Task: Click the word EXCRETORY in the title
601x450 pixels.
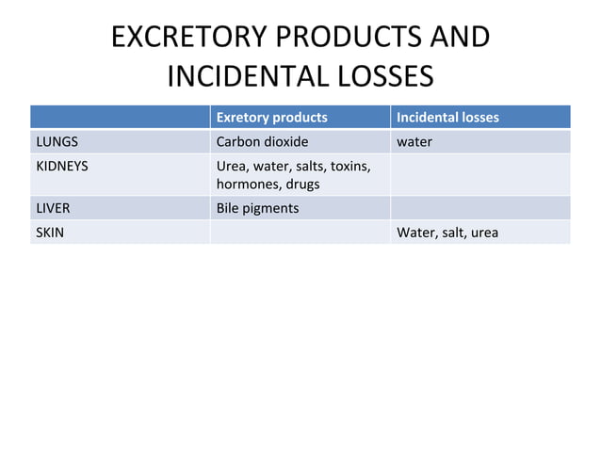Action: pos(180,38)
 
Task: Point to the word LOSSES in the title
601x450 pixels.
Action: pos(382,76)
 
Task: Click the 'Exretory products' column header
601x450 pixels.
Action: pos(271,118)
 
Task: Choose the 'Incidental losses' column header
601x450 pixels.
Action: pos(447,118)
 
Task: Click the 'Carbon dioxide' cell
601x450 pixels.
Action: pos(263,142)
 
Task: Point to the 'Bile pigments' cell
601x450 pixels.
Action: pos(257,208)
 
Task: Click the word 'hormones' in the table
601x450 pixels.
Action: pos(244,184)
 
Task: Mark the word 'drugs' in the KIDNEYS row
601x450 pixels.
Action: pos(299,184)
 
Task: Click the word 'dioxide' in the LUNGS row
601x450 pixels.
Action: pos(285,142)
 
